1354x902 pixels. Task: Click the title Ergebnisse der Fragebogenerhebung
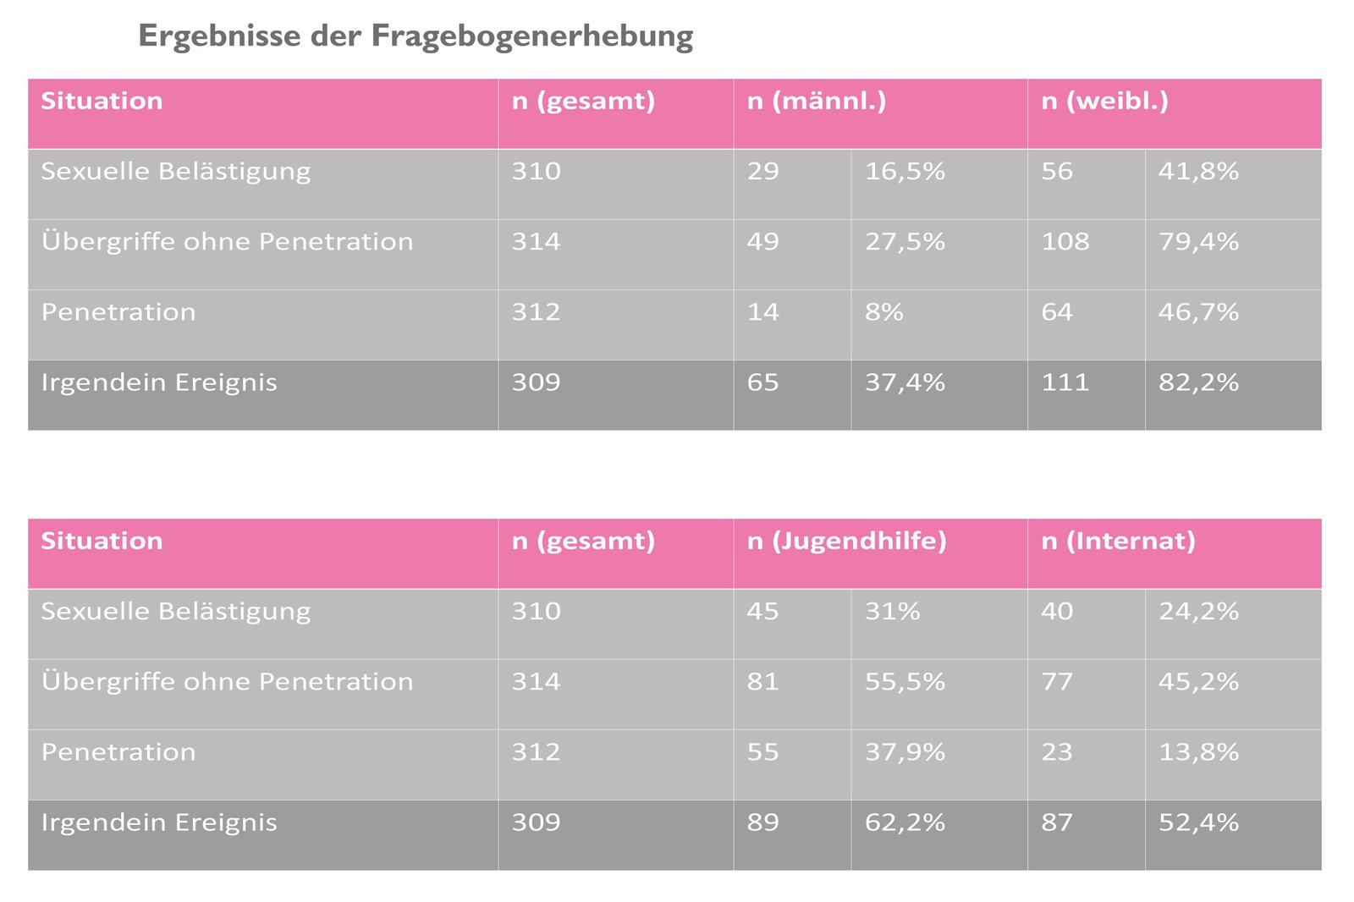click(416, 36)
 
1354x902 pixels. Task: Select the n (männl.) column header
click(817, 102)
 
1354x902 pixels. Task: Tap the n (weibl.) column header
click(1104, 102)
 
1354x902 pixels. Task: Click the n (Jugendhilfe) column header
click(846, 542)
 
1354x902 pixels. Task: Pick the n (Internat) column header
click(1118, 542)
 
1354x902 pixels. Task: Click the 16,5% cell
click(905, 172)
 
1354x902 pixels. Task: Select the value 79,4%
click(1198, 242)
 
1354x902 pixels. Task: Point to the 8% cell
click(884, 312)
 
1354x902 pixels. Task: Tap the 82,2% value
click(1198, 382)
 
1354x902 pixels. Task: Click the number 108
click(1065, 242)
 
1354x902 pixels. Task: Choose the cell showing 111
click(1065, 382)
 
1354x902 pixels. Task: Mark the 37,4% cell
click(905, 382)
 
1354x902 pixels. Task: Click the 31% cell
click(892, 612)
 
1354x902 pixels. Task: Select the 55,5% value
click(905, 682)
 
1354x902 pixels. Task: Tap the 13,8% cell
click(1198, 752)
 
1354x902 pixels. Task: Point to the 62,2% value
click(905, 822)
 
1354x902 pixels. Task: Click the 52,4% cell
click(1198, 822)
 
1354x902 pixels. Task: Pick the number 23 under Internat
click(1057, 752)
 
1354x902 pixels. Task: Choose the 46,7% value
click(1198, 312)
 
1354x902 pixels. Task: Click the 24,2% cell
click(1198, 612)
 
